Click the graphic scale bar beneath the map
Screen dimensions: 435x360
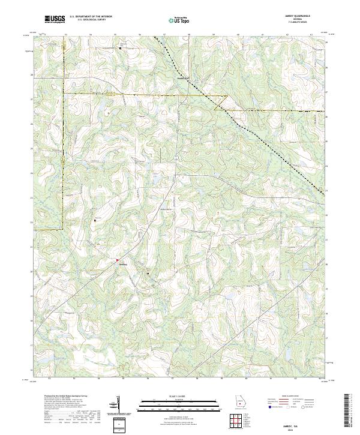[179, 404]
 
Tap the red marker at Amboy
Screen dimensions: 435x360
[117, 260]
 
